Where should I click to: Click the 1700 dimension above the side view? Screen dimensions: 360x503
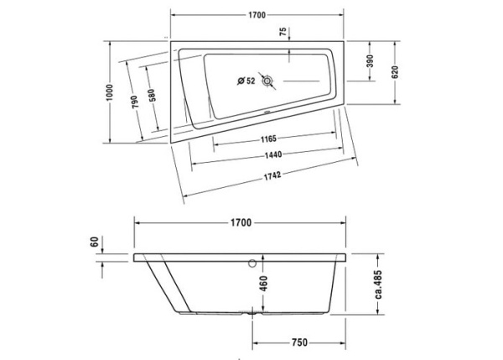(x=241, y=222)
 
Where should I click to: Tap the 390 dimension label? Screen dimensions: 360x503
(x=370, y=61)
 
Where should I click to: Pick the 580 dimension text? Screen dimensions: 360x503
(x=152, y=97)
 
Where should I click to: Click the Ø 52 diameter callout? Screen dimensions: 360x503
(x=246, y=81)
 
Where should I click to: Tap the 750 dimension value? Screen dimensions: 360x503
(x=299, y=342)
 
